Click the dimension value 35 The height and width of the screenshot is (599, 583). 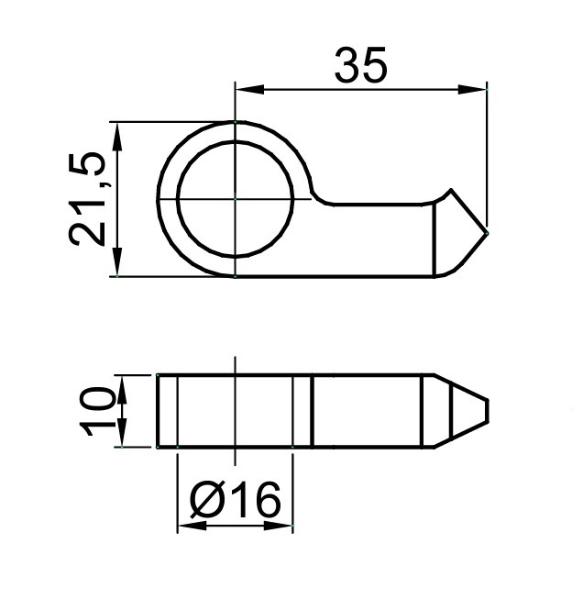(361, 65)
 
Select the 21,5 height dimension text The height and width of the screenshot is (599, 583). (87, 199)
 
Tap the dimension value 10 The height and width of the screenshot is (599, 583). (97, 412)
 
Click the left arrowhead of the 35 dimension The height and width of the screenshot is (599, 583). (249, 90)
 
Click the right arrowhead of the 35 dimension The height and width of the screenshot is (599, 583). (472, 90)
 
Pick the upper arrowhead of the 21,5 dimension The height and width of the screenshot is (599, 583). (117, 137)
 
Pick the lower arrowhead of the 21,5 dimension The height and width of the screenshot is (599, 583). (117, 261)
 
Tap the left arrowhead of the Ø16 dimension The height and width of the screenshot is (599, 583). (192, 526)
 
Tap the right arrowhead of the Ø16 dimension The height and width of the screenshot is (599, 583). (278, 526)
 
